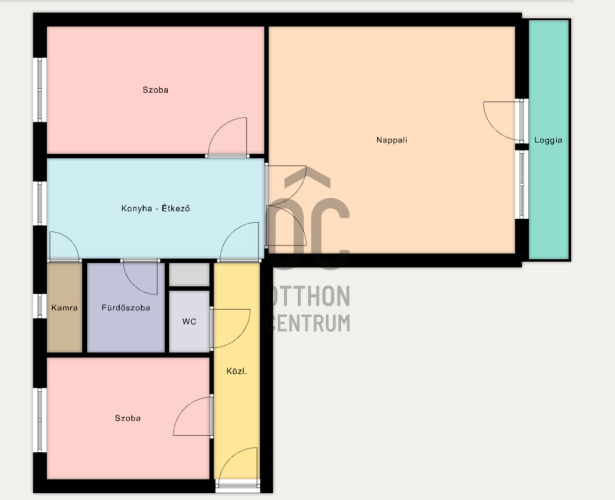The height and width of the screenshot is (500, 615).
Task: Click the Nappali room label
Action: coord(392,140)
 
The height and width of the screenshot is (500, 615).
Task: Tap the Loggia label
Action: coord(548,140)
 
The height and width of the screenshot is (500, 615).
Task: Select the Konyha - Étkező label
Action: coord(155,208)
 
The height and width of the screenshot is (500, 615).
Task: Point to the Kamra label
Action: coord(64,308)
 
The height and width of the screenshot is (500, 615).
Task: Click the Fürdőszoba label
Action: coord(126,308)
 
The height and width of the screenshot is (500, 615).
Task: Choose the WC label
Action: coord(189,322)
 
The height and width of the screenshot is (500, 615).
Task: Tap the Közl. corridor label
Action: coord(237,371)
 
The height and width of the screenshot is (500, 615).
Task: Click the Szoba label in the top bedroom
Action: coord(155,90)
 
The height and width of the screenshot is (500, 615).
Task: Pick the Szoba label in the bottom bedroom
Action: coord(127,418)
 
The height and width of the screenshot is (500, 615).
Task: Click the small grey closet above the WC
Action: coord(189,275)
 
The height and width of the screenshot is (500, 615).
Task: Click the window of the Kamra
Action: coord(40,306)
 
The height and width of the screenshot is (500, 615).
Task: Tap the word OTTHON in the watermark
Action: coord(308,296)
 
